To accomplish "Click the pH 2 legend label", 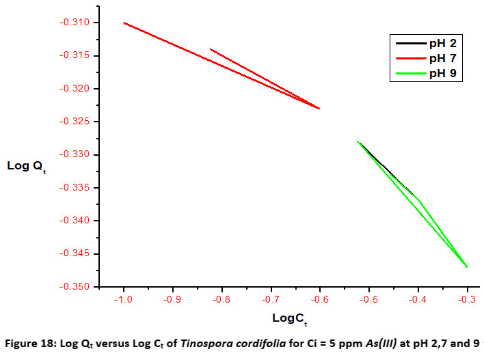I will click(x=441, y=44).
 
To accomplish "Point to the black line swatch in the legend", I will click(x=409, y=44).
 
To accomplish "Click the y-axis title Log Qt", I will click(x=26, y=166).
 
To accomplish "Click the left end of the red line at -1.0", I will click(x=124, y=23).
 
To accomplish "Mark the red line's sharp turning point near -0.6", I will click(x=319, y=109).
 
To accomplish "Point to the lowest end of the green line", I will click(x=467, y=266).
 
